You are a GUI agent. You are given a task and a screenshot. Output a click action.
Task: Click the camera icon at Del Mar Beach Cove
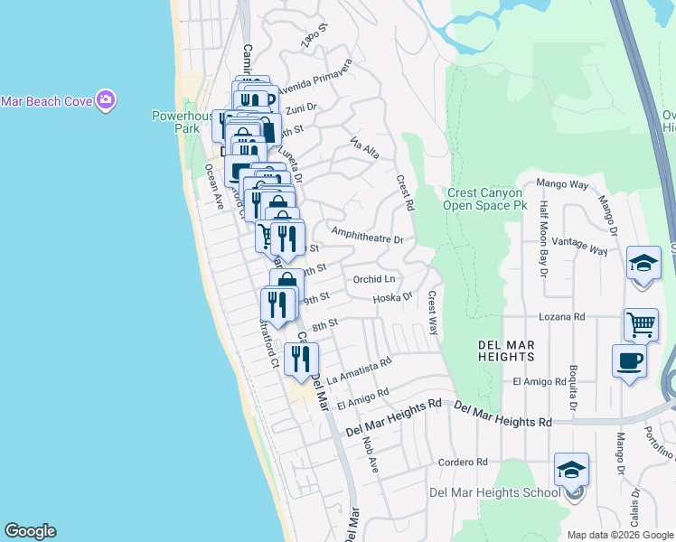106,99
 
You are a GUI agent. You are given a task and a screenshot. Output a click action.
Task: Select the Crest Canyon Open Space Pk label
484,199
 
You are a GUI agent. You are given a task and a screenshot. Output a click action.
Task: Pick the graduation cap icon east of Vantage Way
643,264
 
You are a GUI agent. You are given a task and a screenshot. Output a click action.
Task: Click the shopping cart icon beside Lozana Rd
640,323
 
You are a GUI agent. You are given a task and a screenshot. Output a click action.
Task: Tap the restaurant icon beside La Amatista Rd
301,358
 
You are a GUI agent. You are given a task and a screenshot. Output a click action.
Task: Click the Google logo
30,531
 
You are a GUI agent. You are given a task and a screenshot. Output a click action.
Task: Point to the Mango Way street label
562,184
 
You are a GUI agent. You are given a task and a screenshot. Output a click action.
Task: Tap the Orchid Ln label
374,279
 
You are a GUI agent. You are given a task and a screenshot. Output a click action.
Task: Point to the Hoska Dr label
392,297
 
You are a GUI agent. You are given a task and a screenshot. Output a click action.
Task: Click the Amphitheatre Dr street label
367,234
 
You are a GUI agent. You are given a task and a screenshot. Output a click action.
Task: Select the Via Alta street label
364,149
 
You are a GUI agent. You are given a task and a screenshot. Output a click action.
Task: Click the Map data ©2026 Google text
620,534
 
